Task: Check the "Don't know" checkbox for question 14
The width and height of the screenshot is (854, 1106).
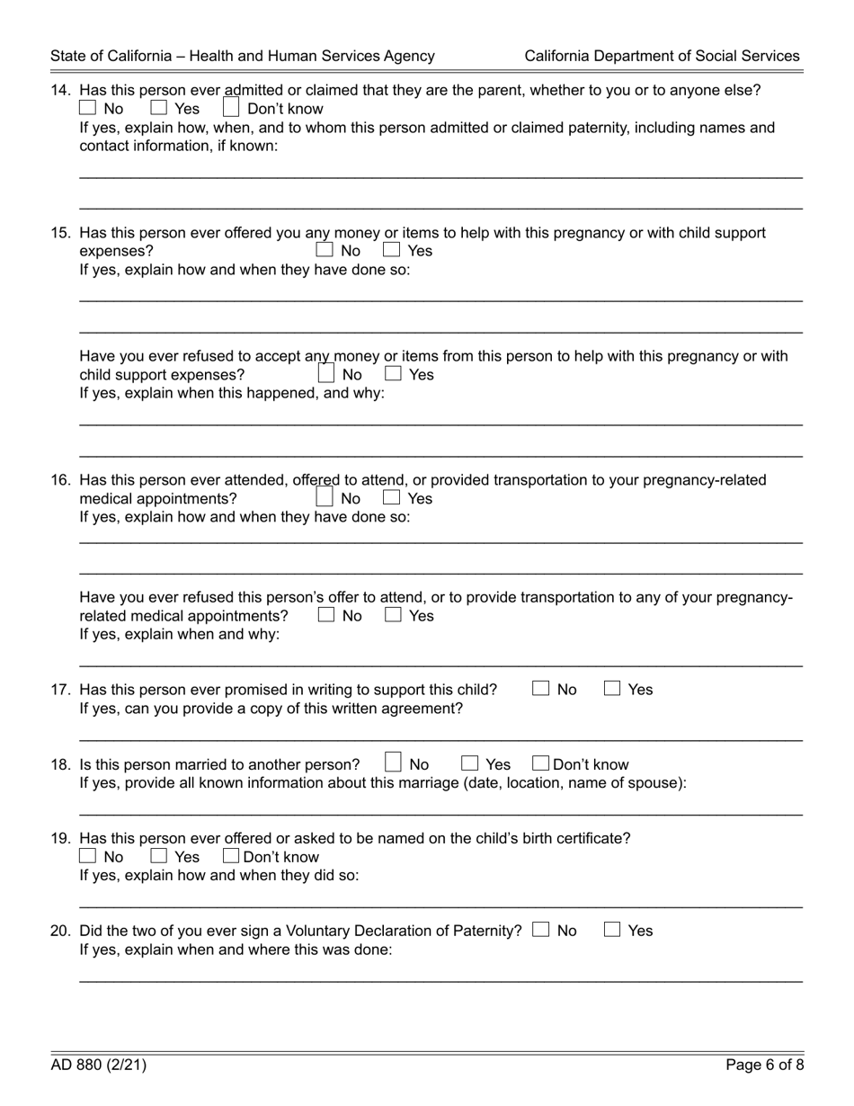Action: tap(231, 109)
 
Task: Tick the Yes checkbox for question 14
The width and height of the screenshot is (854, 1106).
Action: tap(159, 109)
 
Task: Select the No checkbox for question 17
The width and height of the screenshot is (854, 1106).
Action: tap(540, 689)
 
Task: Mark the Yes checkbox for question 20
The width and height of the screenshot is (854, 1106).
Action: tap(612, 931)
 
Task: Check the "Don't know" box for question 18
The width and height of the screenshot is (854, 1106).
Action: tap(540, 764)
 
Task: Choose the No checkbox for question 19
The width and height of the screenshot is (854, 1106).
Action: tap(88, 856)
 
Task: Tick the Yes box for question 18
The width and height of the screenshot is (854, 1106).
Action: tap(469, 764)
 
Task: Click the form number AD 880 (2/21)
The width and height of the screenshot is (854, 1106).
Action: tap(99, 1066)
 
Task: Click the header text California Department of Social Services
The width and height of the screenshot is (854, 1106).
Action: tap(662, 56)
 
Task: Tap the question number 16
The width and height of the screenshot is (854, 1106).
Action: tap(61, 480)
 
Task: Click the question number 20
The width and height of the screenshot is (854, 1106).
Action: tap(61, 931)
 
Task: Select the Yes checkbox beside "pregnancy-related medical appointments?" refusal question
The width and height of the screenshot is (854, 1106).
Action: tap(393, 616)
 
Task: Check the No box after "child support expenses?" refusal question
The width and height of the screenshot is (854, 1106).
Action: tap(325, 373)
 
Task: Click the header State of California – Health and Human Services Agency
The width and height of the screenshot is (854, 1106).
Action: tap(243, 56)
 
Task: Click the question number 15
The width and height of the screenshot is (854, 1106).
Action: tap(61, 233)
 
